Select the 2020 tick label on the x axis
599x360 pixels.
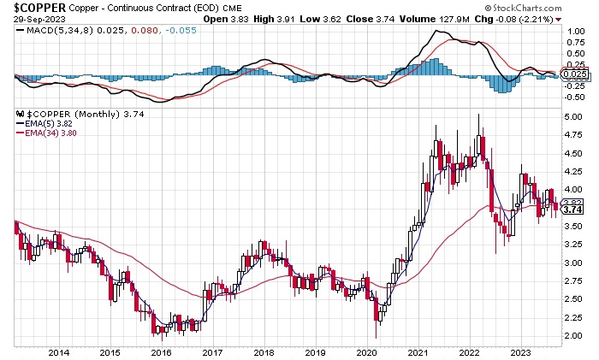(365, 352)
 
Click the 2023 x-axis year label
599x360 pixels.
(519, 352)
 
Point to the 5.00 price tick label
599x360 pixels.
(575, 116)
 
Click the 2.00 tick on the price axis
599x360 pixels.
(575, 336)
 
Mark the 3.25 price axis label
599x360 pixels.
(575, 245)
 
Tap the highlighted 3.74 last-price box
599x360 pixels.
(575, 210)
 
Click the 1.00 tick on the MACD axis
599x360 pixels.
(575, 31)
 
